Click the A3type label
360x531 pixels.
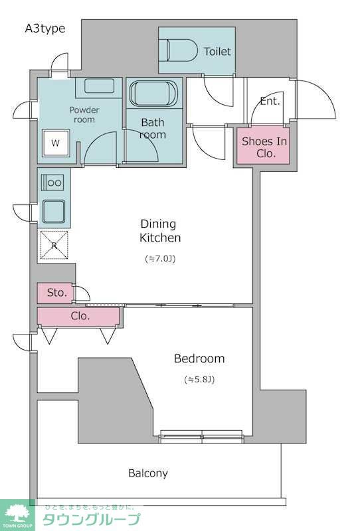point(45,29)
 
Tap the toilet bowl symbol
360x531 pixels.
point(182,50)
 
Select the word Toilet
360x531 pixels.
point(217,52)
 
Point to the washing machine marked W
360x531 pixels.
point(56,143)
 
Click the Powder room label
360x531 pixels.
point(84,115)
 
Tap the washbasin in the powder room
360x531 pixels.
point(99,86)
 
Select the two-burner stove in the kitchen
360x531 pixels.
point(52,183)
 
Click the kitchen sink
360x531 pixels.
point(54,211)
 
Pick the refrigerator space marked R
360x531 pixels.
point(54,245)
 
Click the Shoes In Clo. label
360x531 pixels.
point(264,147)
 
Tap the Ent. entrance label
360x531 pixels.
point(270,101)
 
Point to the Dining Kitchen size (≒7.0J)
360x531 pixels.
point(160,259)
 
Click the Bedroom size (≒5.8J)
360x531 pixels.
point(199,379)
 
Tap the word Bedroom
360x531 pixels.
point(199,358)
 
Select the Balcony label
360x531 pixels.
point(148,473)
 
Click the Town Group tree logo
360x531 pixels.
point(17,514)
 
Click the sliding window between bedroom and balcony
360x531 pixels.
point(201,437)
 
